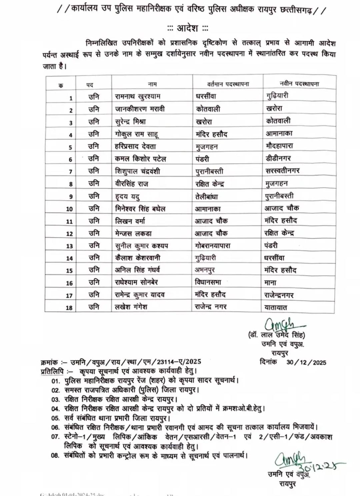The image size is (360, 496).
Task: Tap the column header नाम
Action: pyautogui.click(x=152, y=84)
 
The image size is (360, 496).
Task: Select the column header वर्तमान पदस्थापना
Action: pyautogui.click(x=228, y=84)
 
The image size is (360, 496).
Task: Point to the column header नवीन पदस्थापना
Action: pyautogui.click(x=299, y=83)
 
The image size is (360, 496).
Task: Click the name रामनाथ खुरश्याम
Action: pyautogui.click(x=138, y=96)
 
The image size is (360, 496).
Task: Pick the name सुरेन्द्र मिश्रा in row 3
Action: pyautogui.click(x=130, y=121)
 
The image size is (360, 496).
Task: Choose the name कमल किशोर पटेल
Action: pyautogui.click(x=140, y=159)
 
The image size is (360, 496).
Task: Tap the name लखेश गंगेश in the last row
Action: pyautogui.click(x=131, y=307)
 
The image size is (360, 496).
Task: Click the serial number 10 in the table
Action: pyautogui.click(x=69, y=209)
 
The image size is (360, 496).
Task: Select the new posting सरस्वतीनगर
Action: pyautogui.click(x=282, y=170)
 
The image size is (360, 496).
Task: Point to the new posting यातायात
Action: pyautogui.click(x=276, y=308)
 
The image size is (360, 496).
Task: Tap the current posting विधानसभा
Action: pyautogui.click(x=208, y=282)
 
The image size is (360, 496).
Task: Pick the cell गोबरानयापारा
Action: pyautogui.click(x=212, y=246)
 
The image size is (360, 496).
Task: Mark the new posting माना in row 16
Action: pyautogui.click(x=270, y=283)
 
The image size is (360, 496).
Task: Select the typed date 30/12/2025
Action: pyautogui.click(x=306, y=363)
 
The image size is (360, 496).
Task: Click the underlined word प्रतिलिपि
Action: pyautogui.click(x=52, y=371)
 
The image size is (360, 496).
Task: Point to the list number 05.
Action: pyautogui.click(x=55, y=418)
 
